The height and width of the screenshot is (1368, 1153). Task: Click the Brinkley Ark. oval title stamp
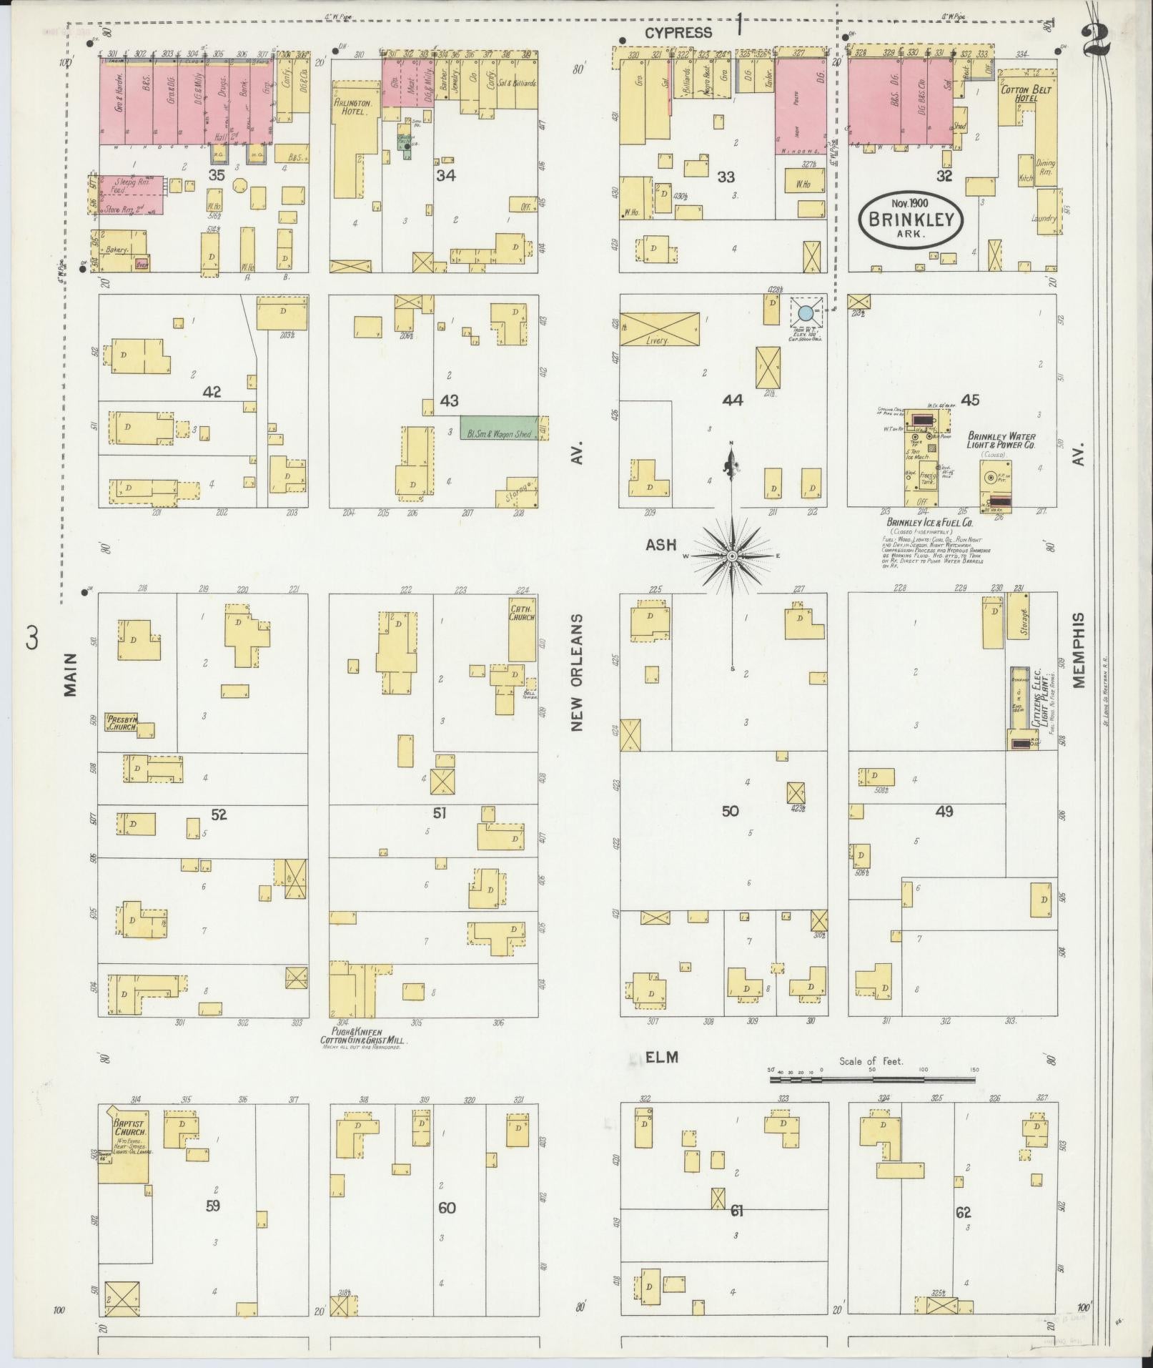[x=911, y=220]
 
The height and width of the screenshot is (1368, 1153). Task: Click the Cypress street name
[x=678, y=33]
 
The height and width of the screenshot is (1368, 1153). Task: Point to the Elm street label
[x=661, y=1057]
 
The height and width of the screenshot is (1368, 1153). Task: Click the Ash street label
[x=660, y=546]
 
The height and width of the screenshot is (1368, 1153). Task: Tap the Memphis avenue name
[x=1078, y=650]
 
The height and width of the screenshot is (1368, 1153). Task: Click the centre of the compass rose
[x=732, y=556]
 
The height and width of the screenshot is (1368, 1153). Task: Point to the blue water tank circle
[x=806, y=313]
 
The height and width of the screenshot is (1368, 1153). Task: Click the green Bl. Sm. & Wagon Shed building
[x=499, y=428]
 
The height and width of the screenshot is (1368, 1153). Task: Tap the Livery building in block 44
[x=659, y=329]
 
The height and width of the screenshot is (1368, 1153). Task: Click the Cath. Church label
[x=522, y=612]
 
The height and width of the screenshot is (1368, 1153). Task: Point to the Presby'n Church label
[x=122, y=722]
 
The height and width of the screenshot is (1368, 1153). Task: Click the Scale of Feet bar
[x=873, y=1098]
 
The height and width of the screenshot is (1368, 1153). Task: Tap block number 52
[x=219, y=814]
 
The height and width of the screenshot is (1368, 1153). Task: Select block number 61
[x=738, y=1211]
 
